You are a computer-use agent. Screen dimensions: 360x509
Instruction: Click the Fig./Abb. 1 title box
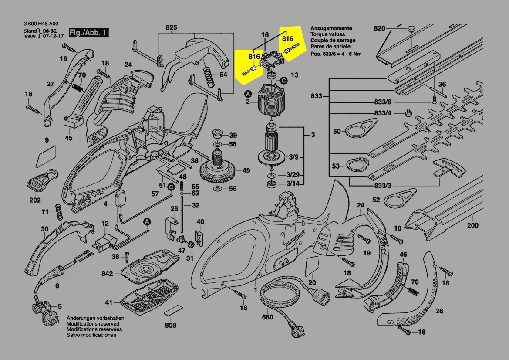[x=88, y=33]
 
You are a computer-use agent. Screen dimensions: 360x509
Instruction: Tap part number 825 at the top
[x=171, y=28]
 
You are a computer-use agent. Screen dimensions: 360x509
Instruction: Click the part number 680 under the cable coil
[x=267, y=317]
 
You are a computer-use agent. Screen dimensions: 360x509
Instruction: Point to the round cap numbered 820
[x=411, y=29]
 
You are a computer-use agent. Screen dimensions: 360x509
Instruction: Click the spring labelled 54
[x=209, y=75]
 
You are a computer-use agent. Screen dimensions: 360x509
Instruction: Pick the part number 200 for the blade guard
[x=472, y=225]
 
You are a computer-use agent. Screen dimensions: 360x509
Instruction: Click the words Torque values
[x=327, y=34]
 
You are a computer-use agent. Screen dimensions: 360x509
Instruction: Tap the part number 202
[x=35, y=200]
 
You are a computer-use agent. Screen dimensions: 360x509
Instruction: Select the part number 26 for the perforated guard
[x=439, y=311]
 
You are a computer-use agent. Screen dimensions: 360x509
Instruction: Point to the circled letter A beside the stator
[x=248, y=94]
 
